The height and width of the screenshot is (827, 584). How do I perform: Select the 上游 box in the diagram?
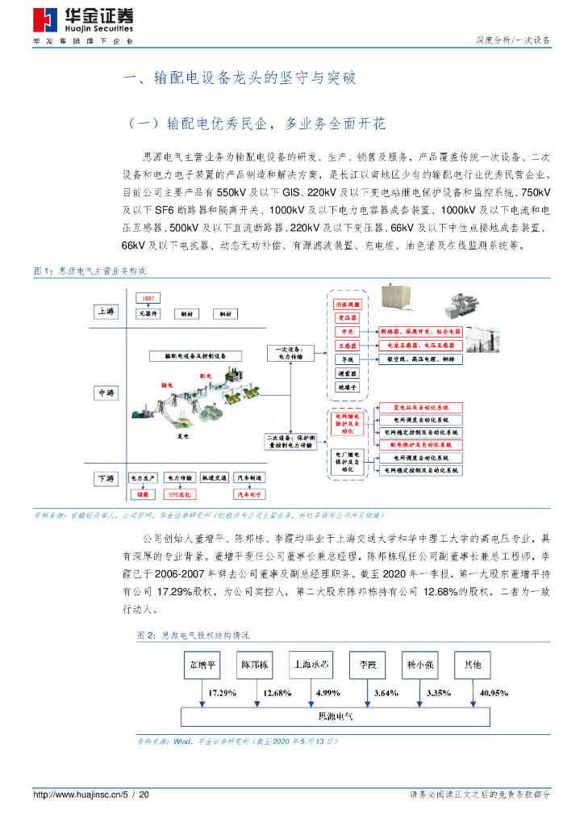click(106, 311)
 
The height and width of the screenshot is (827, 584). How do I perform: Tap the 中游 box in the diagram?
click(106, 393)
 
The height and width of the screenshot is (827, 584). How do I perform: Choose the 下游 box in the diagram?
click(106, 478)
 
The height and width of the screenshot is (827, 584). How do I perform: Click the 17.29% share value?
click(222, 693)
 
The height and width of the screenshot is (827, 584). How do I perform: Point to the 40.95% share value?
click(494, 693)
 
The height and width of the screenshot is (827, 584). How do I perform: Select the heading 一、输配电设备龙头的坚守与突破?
click(238, 78)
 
